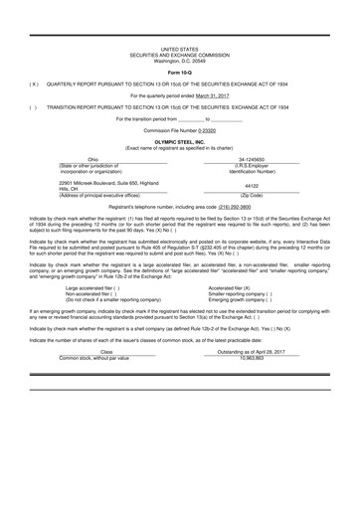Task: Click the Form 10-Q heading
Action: [x=179, y=74]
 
